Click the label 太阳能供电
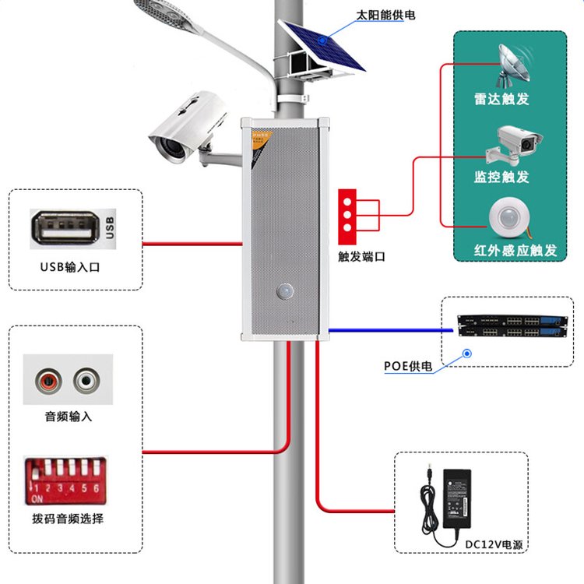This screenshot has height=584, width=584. pyautogui.click(x=385, y=14)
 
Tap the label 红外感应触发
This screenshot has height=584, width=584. pyautogui.click(x=516, y=251)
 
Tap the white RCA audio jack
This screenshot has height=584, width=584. pyautogui.click(x=87, y=381)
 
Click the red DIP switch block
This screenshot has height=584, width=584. pyautogui.click(x=65, y=480)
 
